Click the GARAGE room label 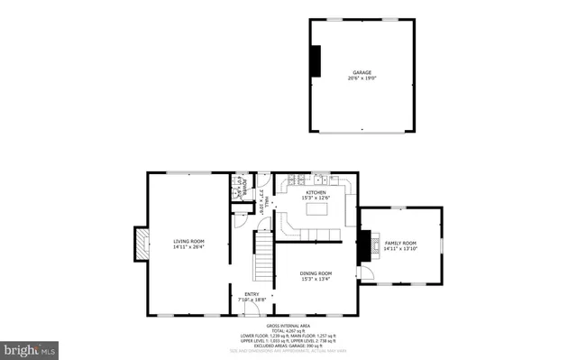click(361, 72)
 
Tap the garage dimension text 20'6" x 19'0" click(361, 78)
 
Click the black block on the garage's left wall click(315, 60)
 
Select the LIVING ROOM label click(189, 240)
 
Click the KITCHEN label click(316, 192)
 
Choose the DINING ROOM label click(316, 273)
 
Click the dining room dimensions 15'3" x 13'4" click(316, 280)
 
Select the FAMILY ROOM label click(401, 243)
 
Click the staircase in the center click(262, 255)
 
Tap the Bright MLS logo click(30, 347)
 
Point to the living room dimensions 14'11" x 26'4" click(189, 246)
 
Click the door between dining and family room click(360, 272)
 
